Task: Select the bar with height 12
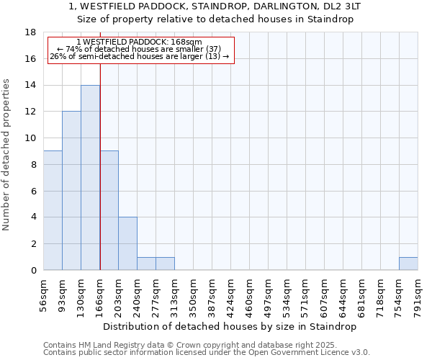(x=71, y=191)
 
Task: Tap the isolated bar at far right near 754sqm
(x=408, y=264)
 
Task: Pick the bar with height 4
(x=127, y=243)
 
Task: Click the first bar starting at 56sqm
(x=53, y=210)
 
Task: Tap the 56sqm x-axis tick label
(x=44, y=293)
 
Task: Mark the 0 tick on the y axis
(x=33, y=270)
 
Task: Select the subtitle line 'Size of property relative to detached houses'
(x=215, y=19)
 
